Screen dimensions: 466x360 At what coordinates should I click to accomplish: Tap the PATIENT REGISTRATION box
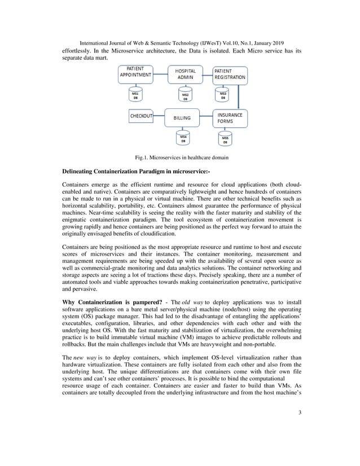pos(230,73)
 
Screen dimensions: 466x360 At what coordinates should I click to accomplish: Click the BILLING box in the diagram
pos(182,118)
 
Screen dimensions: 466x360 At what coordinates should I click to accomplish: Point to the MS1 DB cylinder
pos(135,95)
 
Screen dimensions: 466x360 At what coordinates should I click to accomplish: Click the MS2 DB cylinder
pos(184,96)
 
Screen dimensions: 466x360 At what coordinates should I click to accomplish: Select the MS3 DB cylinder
pos(223,95)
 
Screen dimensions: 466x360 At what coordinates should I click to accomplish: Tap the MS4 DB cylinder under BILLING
pos(183,139)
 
